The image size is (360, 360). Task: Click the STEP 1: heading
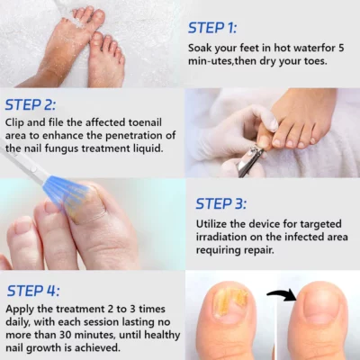click(x=212, y=28)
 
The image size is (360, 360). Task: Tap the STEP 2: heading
click(x=31, y=105)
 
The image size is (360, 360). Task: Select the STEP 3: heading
click(x=221, y=203)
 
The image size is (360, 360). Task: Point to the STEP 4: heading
click(x=33, y=291)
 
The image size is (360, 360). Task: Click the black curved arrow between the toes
click(x=282, y=295)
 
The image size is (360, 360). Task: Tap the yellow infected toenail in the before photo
click(x=230, y=302)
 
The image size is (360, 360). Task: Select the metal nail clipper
click(x=249, y=161)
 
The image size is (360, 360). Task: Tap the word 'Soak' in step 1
click(x=200, y=48)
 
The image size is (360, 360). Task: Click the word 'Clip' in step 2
click(x=14, y=122)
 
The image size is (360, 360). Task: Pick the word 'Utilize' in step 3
click(x=211, y=224)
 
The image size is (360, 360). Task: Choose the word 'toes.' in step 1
click(x=315, y=61)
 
